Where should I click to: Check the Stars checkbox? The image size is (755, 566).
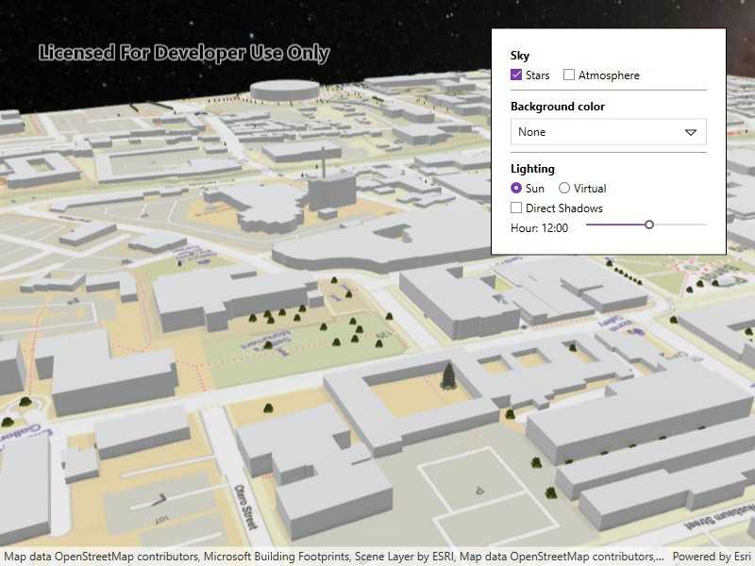pyautogui.click(x=516, y=75)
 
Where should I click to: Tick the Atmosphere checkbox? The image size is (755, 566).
pyautogui.click(x=569, y=75)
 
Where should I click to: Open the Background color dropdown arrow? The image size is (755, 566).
pyautogui.click(x=691, y=132)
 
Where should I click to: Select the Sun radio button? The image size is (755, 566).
pyautogui.click(x=516, y=189)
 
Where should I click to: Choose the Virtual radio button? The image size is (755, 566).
pyautogui.click(x=564, y=189)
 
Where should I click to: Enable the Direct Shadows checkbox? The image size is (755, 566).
pyautogui.click(x=516, y=208)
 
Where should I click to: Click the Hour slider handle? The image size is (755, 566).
pyautogui.click(x=649, y=225)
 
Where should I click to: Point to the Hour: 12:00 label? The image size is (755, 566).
pyautogui.click(x=539, y=228)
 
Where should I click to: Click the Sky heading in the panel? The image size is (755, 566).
pyautogui.click(x=520, y=56)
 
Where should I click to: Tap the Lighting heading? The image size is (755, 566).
pyautogui.click(x=532, y=169)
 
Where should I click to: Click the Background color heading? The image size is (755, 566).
pyautogui.click(x=557, y=107)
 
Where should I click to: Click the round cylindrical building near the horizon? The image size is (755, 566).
pyautogui.click(x=283, y=90)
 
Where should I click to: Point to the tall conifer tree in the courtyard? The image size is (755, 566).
pyautogui.click(x=448, y=376)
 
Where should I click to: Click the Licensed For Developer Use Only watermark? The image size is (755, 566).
pyautogui.click(x=184, y=53)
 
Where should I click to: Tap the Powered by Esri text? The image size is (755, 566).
pyautogui.click(x=712, y=557)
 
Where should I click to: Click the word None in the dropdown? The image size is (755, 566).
pyautogui.click(x=531, y=132)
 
